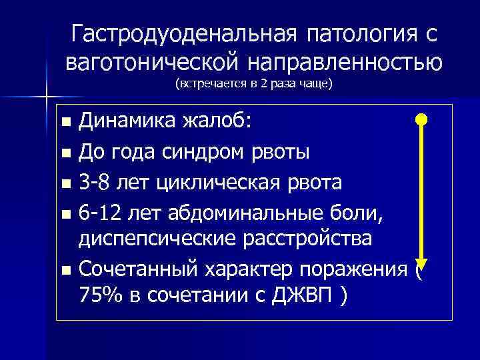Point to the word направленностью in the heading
coord(345,62)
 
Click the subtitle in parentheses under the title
coord(253,85)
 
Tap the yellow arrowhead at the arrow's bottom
coord(421,263)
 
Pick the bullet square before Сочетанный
coord(65,271)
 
